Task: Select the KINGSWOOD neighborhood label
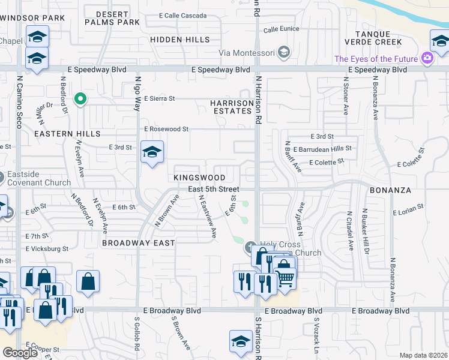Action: pos(199,178)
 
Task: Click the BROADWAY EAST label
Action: pos(138,243)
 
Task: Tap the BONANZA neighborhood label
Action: pos(391,190)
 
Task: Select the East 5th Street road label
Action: pos(213,189)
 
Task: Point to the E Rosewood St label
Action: pos(166,129)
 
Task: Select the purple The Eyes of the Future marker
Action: pos(427,58)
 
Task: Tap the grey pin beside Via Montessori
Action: pos(284,53)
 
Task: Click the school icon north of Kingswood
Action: pos(152,152)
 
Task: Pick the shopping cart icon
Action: pos(285,277)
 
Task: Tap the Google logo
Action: pos(20,353)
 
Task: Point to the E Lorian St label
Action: pos(408,212)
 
